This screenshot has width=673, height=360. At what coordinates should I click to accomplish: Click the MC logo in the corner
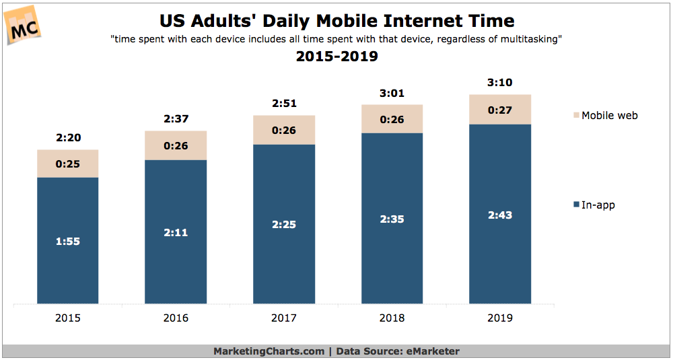(x=24, y=26)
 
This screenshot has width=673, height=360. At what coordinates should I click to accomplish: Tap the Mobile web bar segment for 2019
(x=499, y=109)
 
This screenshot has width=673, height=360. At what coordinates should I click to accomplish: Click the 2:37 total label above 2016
(x=176, y=119)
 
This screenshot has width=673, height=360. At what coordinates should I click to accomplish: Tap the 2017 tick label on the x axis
(x=283, y=318)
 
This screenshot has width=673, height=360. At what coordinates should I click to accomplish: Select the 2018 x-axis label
(x=392, y=318)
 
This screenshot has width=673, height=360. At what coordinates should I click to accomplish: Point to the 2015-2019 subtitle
(x=336, y=57)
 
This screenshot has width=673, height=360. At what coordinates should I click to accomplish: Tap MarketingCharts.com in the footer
(x=268, y=351)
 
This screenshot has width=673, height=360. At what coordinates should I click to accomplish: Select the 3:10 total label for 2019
(x=499, y=83)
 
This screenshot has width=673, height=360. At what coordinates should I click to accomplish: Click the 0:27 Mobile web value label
(x=499, y=109)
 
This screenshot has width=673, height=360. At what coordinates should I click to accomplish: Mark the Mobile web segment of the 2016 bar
(x=176, y=145)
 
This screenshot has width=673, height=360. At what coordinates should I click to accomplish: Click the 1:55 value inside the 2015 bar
(x=67, y=241)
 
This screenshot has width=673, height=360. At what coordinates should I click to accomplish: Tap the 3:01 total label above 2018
(x=392, y=94)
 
